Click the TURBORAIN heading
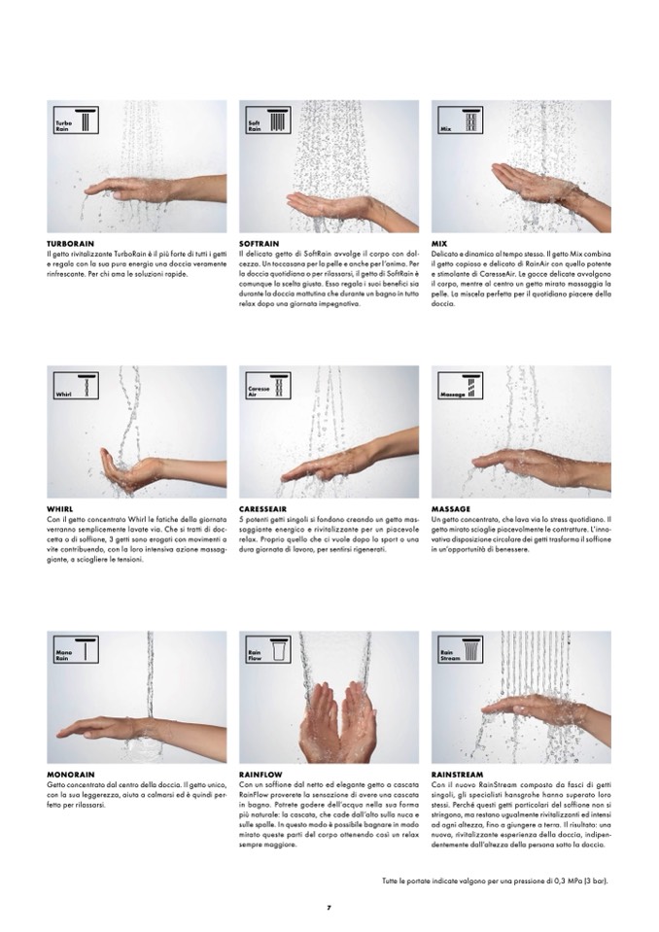pos(70,244)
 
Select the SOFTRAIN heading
pos(260,244)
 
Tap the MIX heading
pos(439,244)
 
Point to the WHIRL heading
pos(60,509)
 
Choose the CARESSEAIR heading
pos(262,509)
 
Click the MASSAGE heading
pos(450,509)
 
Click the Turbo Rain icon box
pos(76,121)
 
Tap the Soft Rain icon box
pos(268,121)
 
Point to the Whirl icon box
pos(76,385)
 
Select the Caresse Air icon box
pos(268,385)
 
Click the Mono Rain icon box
pos(76,650)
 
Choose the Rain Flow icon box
pos(268,650)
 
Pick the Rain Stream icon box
pos(460,650)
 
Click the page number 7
pos(329,908)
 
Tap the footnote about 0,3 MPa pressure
pos(495,880)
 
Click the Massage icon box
pos(460,385)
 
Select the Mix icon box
pos(460,121)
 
